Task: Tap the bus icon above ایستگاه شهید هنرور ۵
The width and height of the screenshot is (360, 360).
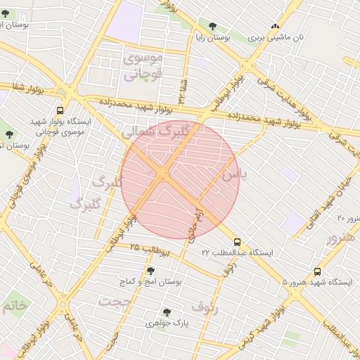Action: click(317, 271)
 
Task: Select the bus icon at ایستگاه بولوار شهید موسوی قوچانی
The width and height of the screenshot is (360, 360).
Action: click(60, 110)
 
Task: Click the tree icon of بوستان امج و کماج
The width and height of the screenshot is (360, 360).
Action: click(150, 270)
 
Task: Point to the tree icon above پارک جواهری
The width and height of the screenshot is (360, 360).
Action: click(167, 312)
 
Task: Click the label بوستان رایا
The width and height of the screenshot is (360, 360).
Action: click(218, 36)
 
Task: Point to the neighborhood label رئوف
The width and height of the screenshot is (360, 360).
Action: click(205, 307)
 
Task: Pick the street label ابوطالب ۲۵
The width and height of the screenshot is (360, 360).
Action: click(144, 248)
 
